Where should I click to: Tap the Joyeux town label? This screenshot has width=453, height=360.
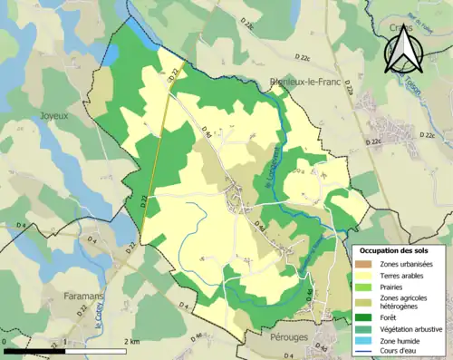coord(54,116)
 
